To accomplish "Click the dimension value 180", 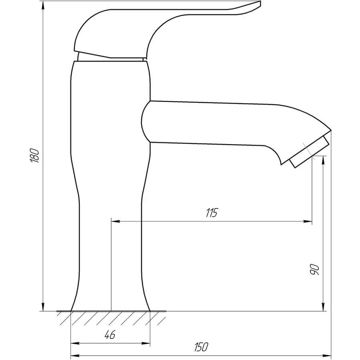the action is click(35, 156).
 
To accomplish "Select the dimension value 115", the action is click(212, 213).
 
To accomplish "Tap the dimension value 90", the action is click(314, 270).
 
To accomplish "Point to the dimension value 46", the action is click(110, 334).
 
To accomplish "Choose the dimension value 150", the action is click(201, 347).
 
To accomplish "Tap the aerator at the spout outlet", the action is click(309, 152).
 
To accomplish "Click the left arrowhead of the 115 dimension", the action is click(116, 221).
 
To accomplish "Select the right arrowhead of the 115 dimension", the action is click(308, 221).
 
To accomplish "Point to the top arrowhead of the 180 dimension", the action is click(43, 5).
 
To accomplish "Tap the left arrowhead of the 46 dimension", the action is click(75, 343).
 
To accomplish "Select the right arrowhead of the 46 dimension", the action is click(146, 343).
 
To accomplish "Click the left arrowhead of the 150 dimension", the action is click(75, 355).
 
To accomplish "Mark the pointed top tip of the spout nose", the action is click(331, 130).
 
